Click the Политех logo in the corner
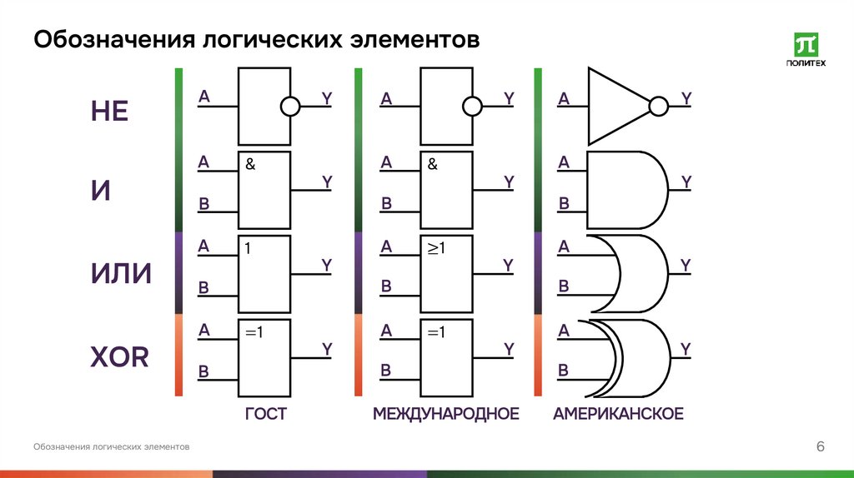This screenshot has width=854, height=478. tap(806, 49)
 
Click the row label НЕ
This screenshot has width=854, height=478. tap(109, 111)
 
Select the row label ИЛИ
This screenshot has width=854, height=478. tap(121, 273)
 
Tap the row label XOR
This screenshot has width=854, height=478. tap(119, 358)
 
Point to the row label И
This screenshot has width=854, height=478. tap(101, 192)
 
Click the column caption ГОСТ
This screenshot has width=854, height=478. tap(265, 414)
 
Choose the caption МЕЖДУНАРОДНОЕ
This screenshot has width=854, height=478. tap(445, 414)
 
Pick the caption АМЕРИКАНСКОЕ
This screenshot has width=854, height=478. tap(618, 414)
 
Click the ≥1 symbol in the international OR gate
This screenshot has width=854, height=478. tap(438, 248)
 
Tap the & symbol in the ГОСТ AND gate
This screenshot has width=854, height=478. tap(250, 165)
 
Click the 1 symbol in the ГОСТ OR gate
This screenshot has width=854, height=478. tap(249, 248)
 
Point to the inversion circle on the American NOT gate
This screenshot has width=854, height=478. tap(659, 107)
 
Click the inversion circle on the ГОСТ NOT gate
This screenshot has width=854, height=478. tap(289, 107)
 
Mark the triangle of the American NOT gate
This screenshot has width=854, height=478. tap(613, 107)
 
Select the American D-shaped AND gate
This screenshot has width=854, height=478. tap(625, 190)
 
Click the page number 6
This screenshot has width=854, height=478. tap(820, 448)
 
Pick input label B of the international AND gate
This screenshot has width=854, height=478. tap(386, 203)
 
